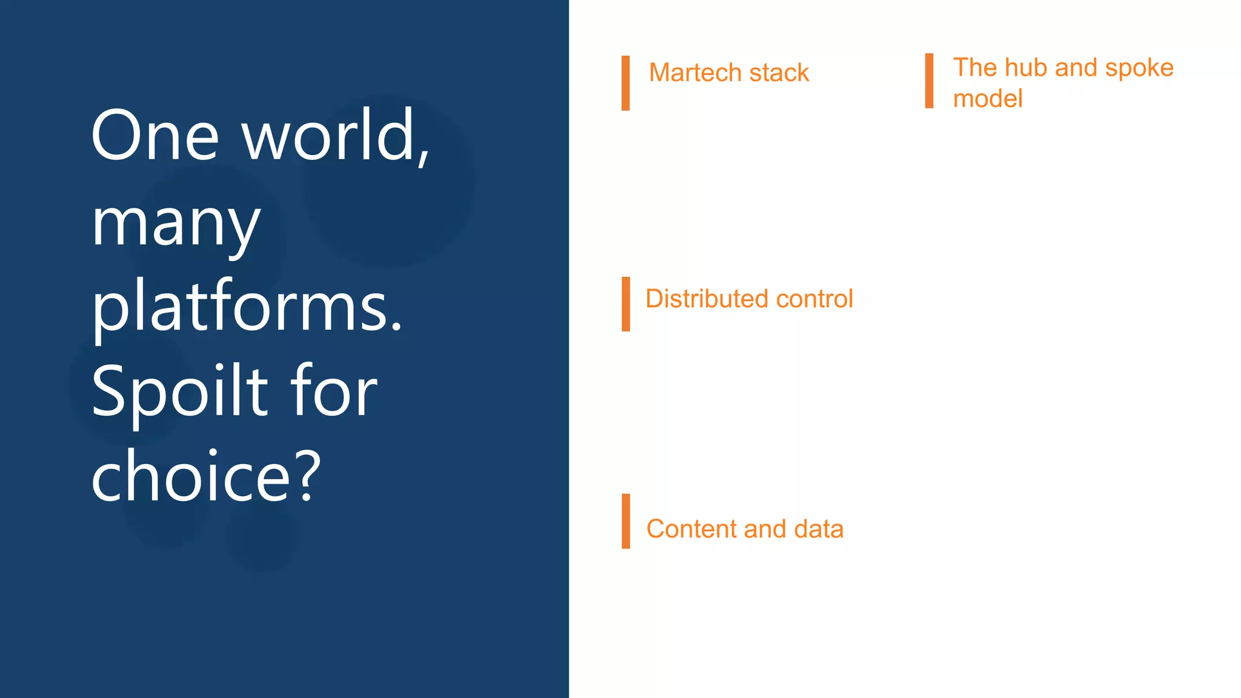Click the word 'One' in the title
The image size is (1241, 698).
pyautogui.click(x=155, y=136)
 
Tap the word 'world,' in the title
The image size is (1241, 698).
pyautogui.click(x=336, y=136)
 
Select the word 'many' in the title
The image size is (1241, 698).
pyautogui.click(x=176, y=224)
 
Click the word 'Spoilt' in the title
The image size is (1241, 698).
pyautogui.click(x=179, y=392)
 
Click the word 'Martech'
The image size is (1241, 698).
pyautogui.click(x=695, y=73)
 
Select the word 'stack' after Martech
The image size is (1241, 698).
pyautogui.click(x=779, y=73)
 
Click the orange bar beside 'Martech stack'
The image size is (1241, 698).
pyautogui.click(x=625, y=83)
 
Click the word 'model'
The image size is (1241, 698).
pyautogui.click(x=988, y=98)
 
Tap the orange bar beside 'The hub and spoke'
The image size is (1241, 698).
pyautogui.click(x=929, y=81)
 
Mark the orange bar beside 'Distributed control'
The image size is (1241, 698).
pyautogui.click(x=625, y=304)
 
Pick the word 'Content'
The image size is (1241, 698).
pyautogui.click(x=691, y=529)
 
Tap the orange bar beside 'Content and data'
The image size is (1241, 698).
pyautogui.click(x=625, y=521)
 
